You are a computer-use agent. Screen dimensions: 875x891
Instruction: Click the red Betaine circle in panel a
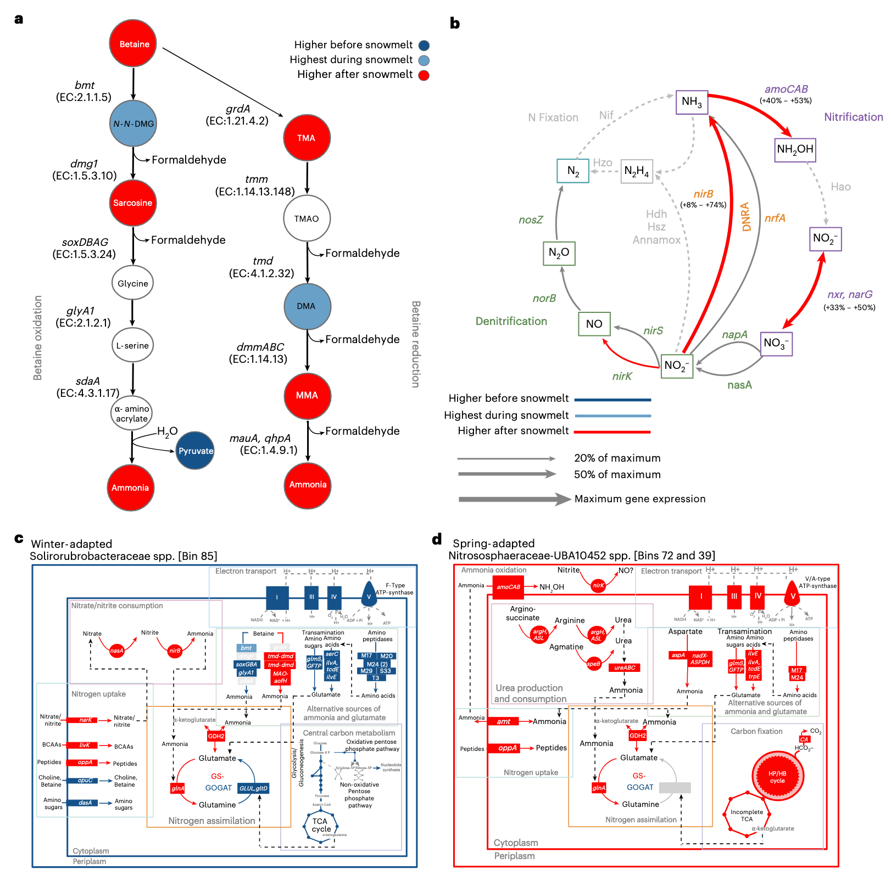(133, 44)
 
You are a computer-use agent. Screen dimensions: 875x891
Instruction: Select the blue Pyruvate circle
(196, 451)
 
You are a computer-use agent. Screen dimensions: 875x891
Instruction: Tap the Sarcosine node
(133, 203)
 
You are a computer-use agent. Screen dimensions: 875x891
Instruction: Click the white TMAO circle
(307, 218)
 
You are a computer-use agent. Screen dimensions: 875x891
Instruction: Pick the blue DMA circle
(307, 306)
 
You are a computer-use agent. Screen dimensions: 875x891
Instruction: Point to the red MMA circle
(307, 395)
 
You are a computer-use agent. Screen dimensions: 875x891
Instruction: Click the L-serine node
(132, 345)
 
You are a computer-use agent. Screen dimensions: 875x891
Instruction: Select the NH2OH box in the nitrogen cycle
(795, 149)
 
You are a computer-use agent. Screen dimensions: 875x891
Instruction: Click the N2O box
(559, 253)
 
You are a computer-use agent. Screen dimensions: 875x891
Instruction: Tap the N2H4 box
(637, 171)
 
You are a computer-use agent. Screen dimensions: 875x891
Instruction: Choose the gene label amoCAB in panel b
(786, 89)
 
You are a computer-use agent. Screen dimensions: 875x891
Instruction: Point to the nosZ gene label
(531, 220)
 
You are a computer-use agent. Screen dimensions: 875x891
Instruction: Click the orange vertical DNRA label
(746, 217)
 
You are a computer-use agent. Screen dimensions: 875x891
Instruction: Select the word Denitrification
(511, 321)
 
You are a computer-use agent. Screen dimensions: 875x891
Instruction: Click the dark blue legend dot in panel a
(424, 46)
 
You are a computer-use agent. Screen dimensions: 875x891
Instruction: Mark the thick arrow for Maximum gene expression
(514, 499)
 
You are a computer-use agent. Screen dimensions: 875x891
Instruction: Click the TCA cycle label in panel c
(321, 825)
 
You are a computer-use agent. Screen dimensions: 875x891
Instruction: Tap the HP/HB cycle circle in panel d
(777, 777)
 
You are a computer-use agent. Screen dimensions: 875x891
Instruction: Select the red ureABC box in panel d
(625, 668)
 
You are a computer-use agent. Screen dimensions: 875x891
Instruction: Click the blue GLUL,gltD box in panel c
(253, 788)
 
